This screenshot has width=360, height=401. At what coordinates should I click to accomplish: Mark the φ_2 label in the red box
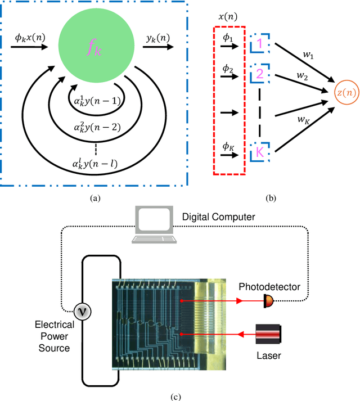pyautogui.click(x=228, y=69)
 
